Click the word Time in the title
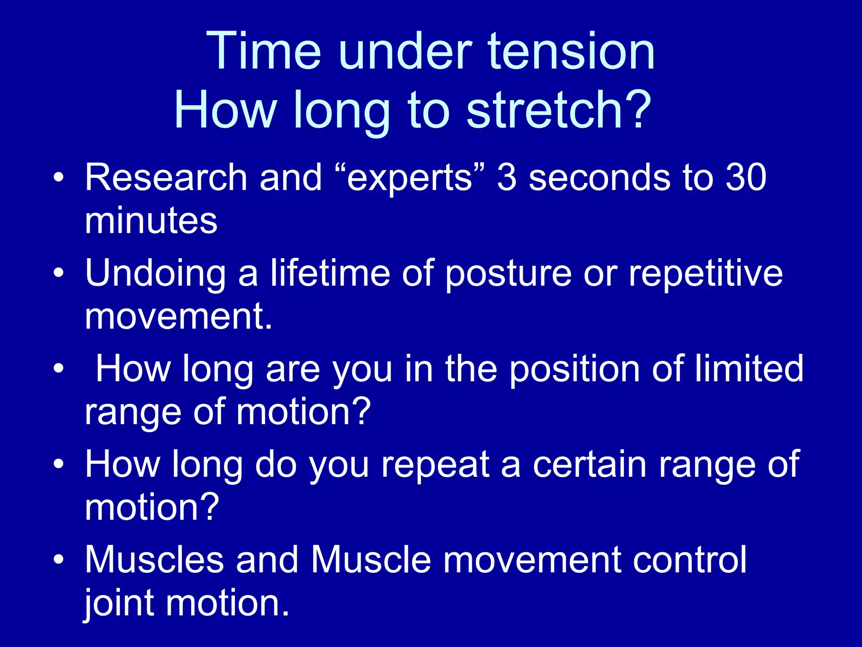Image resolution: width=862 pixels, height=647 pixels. pyautogui.click(x=263, y=51)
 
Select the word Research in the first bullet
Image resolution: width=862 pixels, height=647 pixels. pyautogui.click(x=166, y=177)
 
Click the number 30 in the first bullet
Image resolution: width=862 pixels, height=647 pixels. pyautogui.click(x=745, y=177)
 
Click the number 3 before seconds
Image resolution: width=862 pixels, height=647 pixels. pyautogui.click(x=507, y=177)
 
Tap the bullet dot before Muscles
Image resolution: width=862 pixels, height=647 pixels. pyautogui.click(x=59, y=560)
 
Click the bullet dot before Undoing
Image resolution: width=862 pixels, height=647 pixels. pyautogui.click(x=59, y=273)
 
